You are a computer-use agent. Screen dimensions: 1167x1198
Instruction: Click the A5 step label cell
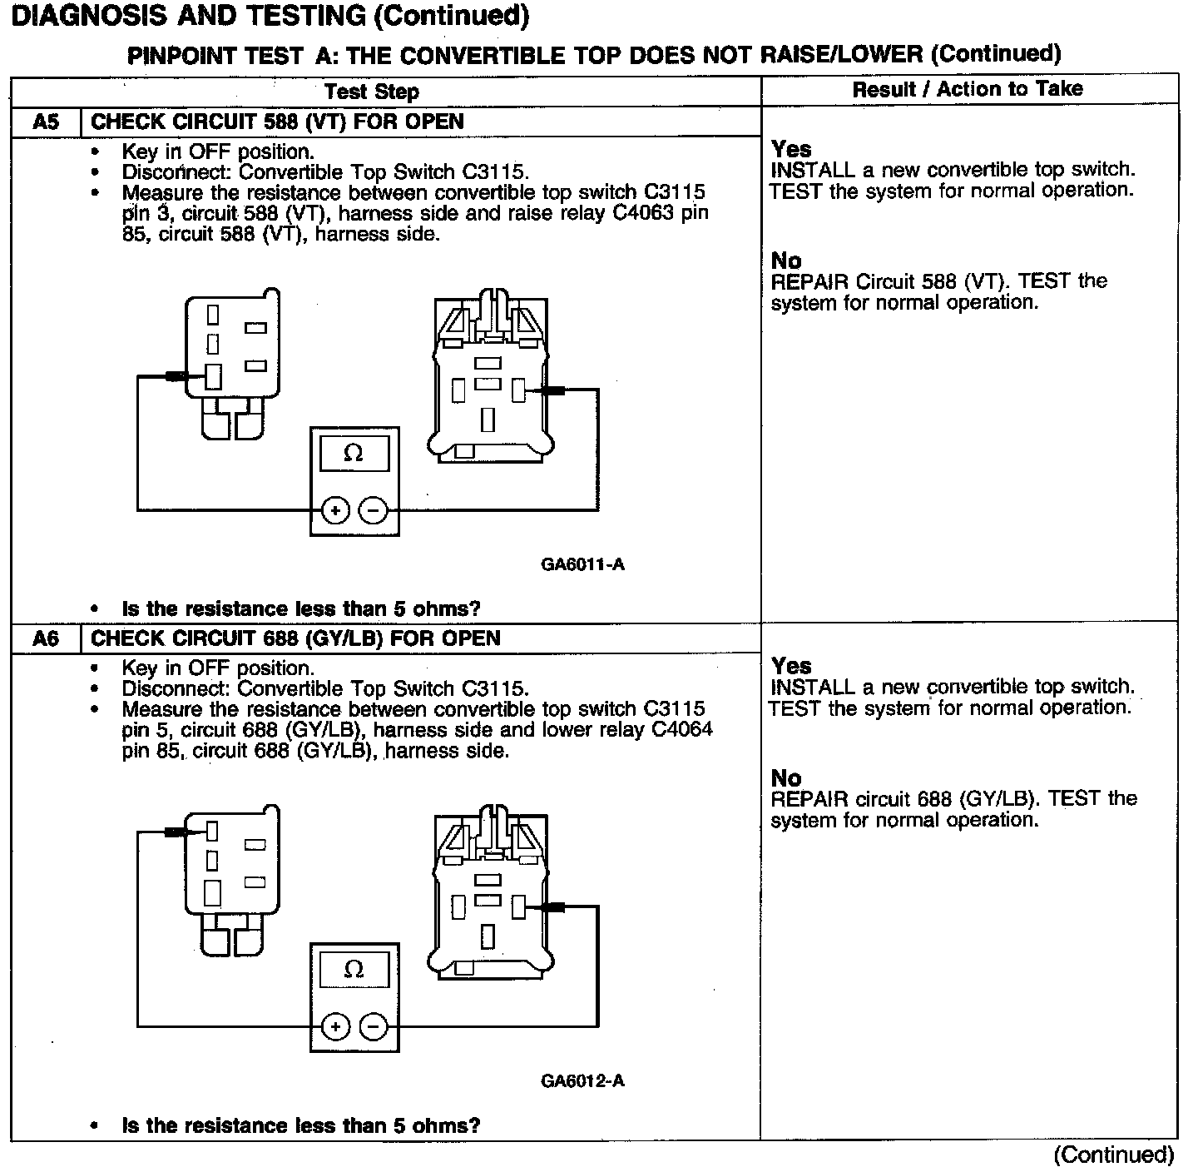(x=46, y=122)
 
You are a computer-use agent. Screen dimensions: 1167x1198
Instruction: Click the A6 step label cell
(x=46, y=638)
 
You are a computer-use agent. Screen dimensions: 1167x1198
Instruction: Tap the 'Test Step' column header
(x=371, y=92)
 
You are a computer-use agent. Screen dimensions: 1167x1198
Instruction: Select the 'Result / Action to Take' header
(x=968, y=89)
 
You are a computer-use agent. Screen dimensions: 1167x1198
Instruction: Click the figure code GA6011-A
(x=582, y=564)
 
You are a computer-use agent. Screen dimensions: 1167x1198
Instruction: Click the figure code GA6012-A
(x=582, y=1081)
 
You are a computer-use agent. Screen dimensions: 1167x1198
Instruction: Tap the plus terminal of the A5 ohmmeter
(x=334, y=510)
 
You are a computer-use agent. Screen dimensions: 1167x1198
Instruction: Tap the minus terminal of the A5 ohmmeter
(x=374, y=510)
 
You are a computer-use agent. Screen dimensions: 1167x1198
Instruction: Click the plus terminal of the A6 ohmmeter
(x=334, y=1026)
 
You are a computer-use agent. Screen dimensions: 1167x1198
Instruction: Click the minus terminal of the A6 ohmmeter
(x=374, y=1026)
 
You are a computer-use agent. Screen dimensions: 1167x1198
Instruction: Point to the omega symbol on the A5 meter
(x=354, y=454)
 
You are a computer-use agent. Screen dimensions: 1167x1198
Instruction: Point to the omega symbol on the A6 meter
(x=354, y=970)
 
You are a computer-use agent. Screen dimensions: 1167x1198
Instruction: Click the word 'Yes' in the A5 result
(x=791, y=149)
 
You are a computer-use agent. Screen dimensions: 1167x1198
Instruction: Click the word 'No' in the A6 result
(x=786, y=778)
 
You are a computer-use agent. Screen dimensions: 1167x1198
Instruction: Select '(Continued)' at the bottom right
(x=1114, y=1155)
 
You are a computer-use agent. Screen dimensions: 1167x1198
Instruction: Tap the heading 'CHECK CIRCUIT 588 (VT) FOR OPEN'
(x=277, y=122)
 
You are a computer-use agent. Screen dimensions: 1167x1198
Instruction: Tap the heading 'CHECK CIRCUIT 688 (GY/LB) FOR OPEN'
(x=295, y=638)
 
